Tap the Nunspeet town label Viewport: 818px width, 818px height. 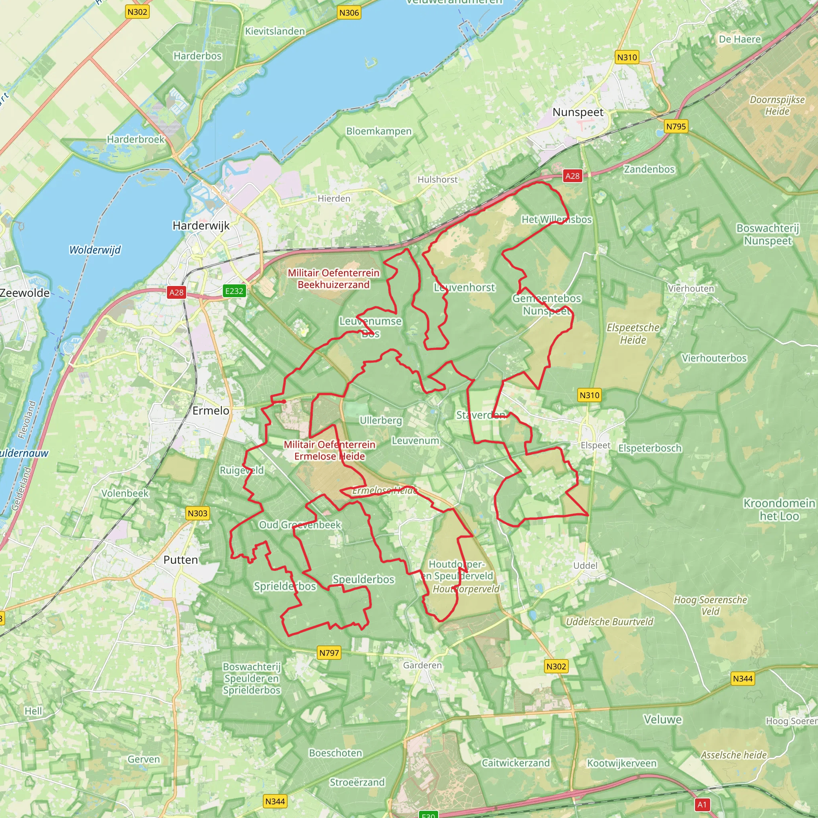point(578,112)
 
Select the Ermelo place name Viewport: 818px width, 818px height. point(210,411)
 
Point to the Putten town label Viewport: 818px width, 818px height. point(181,560)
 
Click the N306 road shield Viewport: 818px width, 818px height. point(349,13)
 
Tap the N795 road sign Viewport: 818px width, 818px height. point(676,126)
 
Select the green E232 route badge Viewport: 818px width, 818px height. point(234,291)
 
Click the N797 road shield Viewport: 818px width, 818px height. point(329,653)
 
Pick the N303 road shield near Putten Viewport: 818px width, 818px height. point(197,513)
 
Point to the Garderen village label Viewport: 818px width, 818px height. point(422,665)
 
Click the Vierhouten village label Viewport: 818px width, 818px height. point(691,288)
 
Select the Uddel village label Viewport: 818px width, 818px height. point(585,566)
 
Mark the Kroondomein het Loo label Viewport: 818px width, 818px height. point(779,509)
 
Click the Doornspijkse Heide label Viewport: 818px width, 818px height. point(777,105)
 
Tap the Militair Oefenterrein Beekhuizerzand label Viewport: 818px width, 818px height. point(333,279)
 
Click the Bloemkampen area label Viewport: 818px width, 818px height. point(379,131)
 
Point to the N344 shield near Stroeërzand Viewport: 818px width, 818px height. point(275,801)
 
